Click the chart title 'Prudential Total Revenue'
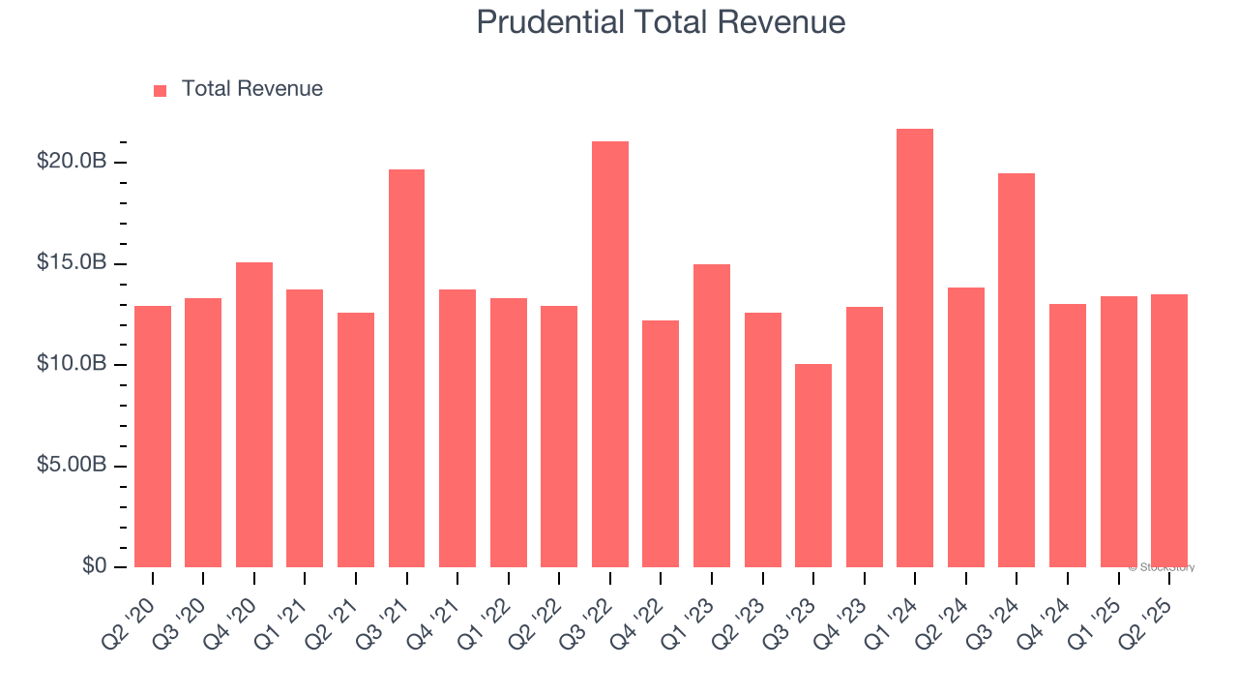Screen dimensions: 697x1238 coord(661,22)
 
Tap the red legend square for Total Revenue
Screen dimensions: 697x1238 coord(160,90)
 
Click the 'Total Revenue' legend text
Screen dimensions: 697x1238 coord(251,89)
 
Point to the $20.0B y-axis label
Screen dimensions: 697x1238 coord(72,162)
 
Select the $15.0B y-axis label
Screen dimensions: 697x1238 coord(72,263)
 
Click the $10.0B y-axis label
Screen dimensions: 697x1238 coord(72,364)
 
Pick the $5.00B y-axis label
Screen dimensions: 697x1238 coord(72,466)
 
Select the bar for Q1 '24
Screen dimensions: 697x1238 coord(915,348)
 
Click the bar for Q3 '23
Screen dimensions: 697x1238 coord(813,466)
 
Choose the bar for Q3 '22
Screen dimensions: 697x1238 coord(610,354)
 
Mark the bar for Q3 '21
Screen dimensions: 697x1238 coord(406,368)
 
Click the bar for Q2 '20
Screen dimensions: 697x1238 coord(153,437)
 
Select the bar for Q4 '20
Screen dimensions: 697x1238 coord(254,414)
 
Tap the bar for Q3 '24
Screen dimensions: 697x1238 coord(1017,370)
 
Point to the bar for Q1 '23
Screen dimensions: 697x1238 coord(712,415)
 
